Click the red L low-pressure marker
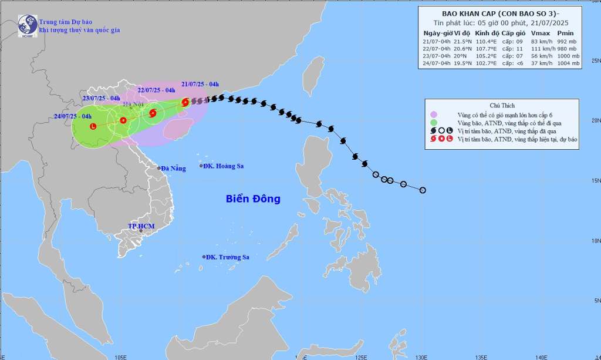93,126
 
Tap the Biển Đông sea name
253,199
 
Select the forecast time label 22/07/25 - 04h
156,90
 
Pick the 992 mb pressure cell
569,41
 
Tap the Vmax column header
540,33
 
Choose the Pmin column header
565,33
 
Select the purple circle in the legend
433,115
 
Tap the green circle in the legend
433,122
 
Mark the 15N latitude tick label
596,180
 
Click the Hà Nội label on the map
134,104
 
